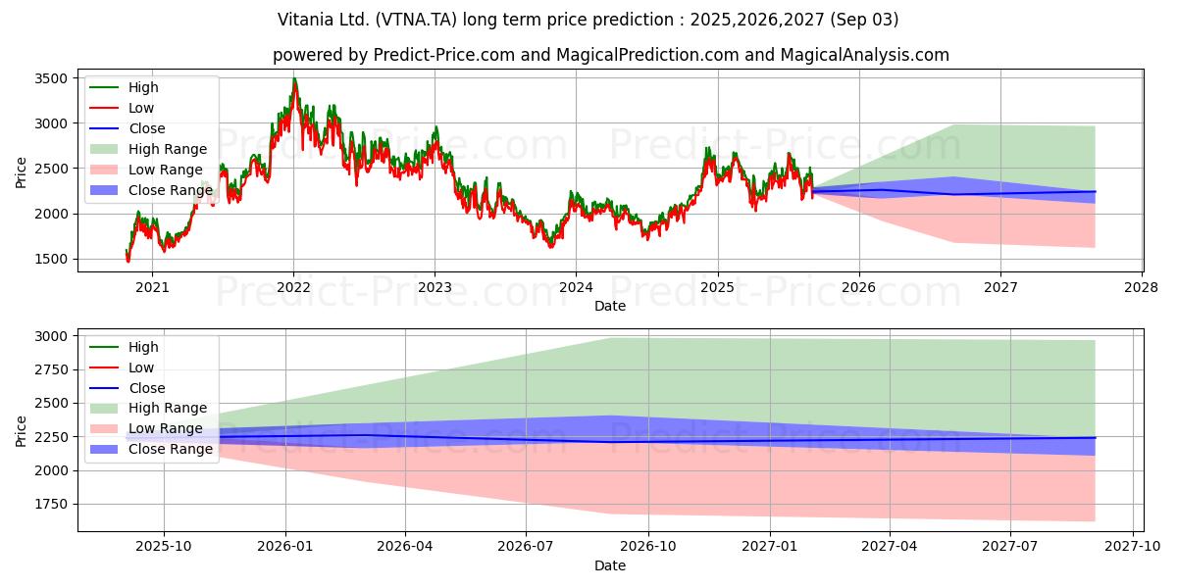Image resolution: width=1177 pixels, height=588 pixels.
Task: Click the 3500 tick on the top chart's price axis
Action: [x=51, y=78]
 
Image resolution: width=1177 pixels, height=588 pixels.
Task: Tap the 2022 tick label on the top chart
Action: [x=293, y=288]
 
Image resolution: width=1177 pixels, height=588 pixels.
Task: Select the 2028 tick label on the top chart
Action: [x=1142, y=288]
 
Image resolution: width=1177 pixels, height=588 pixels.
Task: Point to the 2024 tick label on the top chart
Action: [x=576, y=288]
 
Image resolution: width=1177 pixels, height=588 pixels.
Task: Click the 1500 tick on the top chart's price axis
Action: [x=51, y=260]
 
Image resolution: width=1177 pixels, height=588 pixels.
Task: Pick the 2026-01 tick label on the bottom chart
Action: [x=285, y=547]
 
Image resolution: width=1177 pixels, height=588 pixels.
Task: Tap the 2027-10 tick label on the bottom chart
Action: [x=1132, y=547]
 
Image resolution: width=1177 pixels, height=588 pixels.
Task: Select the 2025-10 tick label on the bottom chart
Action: [x=164, y=547]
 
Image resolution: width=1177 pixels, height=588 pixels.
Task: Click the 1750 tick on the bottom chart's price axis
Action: [x=51, y=505]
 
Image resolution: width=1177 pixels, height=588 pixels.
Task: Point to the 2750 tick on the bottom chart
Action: [x=51, y=370]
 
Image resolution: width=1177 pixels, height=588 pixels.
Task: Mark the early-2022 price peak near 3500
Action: [x=295, y=78]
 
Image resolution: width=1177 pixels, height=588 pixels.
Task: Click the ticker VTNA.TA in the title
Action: [x=416, y=20]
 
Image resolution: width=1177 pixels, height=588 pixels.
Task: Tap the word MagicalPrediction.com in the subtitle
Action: [x=647, y=55]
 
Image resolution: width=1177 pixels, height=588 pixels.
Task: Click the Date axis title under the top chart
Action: [x=610, y=306]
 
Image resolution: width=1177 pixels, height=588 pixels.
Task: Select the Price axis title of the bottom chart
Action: [x=21, y=431]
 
